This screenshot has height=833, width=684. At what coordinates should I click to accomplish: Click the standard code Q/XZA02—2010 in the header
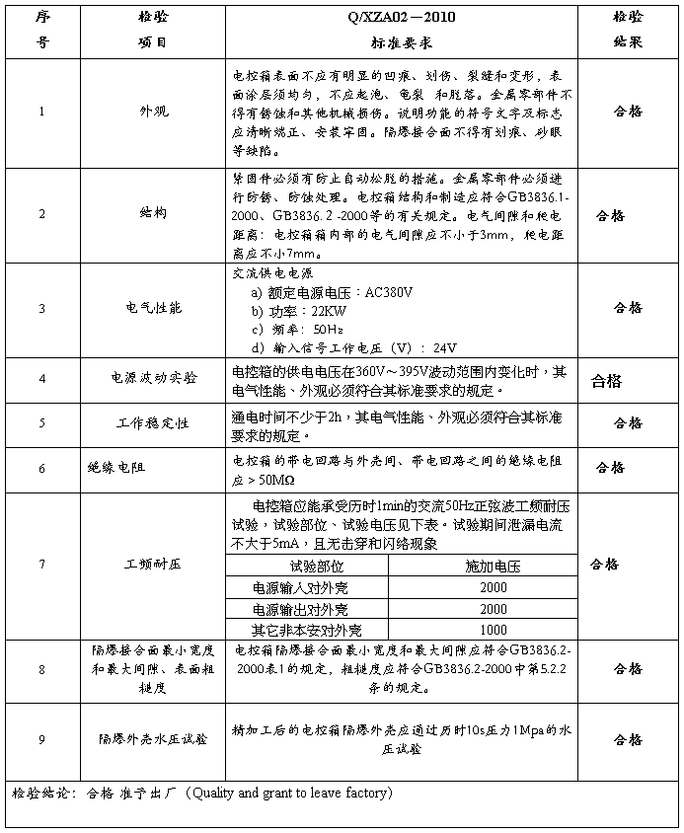[x=401, y=17]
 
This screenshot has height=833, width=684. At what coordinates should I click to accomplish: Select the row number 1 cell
[x=41, y=112]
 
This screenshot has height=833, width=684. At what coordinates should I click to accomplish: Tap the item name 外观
[x=153, y=112]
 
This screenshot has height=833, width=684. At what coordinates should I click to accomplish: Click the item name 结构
[x=153, y=214]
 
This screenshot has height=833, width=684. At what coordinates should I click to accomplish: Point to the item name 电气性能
[x=153, y=308]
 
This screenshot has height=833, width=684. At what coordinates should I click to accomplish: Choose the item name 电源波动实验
[x=153, y=377]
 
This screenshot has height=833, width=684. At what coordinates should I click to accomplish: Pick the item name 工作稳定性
[x=153, y=422]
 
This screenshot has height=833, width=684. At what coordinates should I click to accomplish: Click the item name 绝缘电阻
[x=120, y=468]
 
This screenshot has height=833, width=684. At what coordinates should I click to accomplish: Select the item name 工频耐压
[x=153, y=564]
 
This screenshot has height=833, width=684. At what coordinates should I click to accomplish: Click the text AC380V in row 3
[x=389, y=293]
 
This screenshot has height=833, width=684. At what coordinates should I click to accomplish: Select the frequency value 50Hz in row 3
[x=328, y=329]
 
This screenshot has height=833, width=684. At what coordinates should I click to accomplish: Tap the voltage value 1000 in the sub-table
[x=493, y=630]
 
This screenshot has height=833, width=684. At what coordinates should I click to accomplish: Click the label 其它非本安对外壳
[x=307, y=630]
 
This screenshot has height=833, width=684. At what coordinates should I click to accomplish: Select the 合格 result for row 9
[x=628, y=739]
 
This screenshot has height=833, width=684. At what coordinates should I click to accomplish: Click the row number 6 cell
[x=41, y=468]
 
